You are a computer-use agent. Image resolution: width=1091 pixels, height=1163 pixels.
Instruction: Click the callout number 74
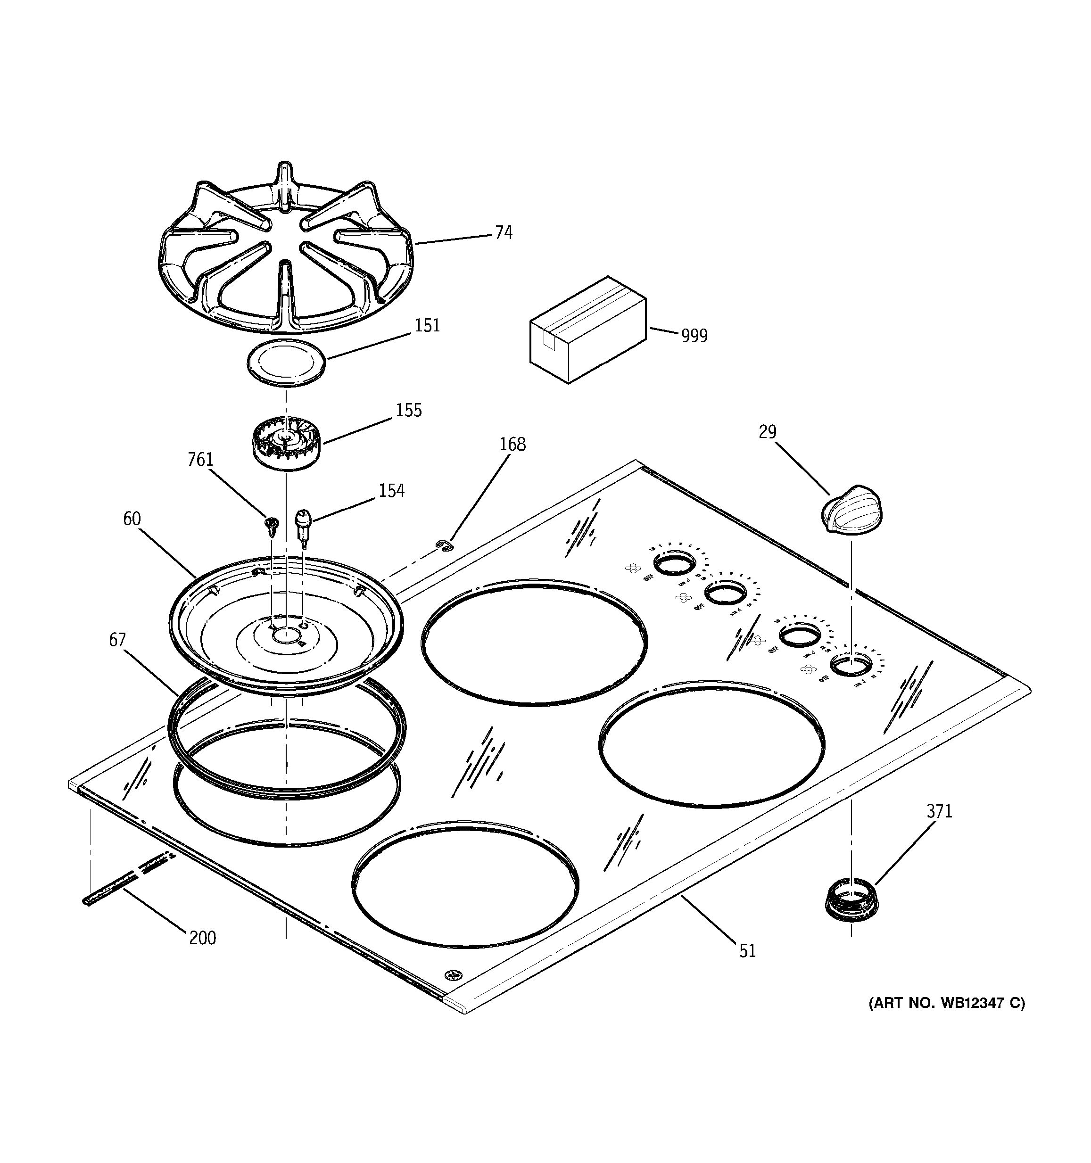click(x=503, y=233)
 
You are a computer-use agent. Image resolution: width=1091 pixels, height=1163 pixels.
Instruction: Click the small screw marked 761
click(x=271, y=525)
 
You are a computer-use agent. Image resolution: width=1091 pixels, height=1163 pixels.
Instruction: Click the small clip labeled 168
click(x=445, y=545)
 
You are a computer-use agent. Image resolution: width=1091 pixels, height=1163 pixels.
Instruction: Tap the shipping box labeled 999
click(x=588, y=330)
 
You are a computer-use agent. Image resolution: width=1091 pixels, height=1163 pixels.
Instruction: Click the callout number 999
click(x=694, y=336)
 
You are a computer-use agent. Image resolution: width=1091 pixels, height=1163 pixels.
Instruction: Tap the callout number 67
click(x=117, y=640)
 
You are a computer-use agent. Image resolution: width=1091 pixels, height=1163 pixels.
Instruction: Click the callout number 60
click(x=132, y=518)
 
